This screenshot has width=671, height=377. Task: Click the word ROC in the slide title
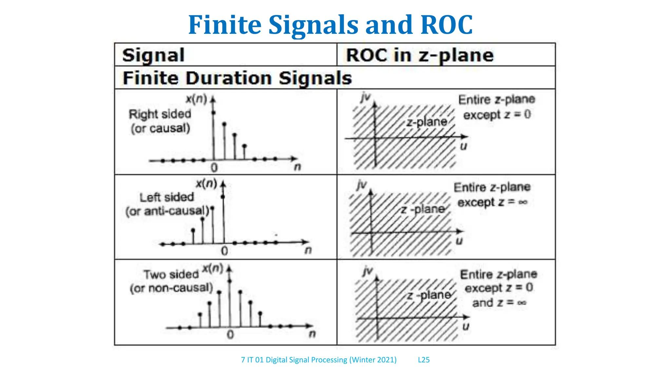pos(446,25)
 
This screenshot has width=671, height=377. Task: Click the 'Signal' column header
pos(153,55)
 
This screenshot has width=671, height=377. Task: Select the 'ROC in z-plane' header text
pos(420,55)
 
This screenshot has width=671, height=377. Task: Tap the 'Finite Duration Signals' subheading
pos(237,78)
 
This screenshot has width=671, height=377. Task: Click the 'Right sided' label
pos(160,114)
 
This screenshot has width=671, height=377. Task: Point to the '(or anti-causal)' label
pos(167,211)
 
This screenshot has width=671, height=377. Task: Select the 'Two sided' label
pos(171,274)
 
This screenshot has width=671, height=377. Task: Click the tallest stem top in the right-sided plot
pos(213,113)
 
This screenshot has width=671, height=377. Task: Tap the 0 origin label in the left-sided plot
pos(224,251)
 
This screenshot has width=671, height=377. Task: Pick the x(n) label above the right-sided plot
pos(196,99)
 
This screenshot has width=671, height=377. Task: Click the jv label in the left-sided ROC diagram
pos(362,185)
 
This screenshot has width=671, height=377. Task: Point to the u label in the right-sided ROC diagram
pos(463,146)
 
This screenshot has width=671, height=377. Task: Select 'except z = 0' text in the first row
pos(497,115)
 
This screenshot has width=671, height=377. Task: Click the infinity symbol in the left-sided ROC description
pos(523,202)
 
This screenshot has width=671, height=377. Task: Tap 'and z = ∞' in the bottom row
pos(499,303)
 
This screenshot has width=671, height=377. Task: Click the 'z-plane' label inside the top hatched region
pos(427,122)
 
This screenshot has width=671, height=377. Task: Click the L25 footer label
pos(424,360)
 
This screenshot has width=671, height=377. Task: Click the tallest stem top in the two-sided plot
pos(229,281)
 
